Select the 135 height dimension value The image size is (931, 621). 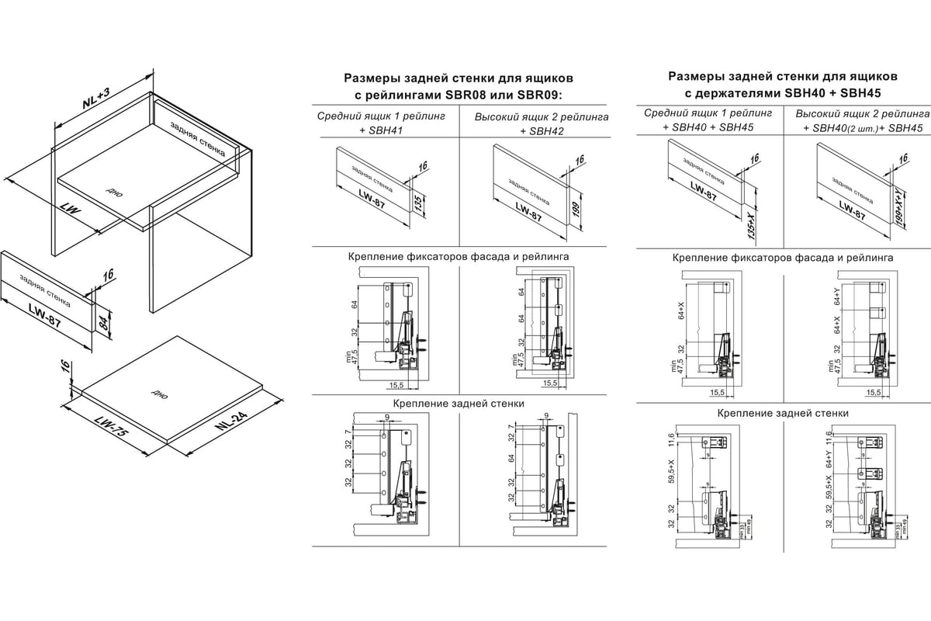[x=417, y=204]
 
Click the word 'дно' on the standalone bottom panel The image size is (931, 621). [x=161, y=392]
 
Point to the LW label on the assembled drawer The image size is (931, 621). [x=72, y=210]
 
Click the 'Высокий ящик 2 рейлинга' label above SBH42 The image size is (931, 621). [x=541, y=116]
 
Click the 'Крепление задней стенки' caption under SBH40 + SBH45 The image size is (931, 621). [x=782, y=413]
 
